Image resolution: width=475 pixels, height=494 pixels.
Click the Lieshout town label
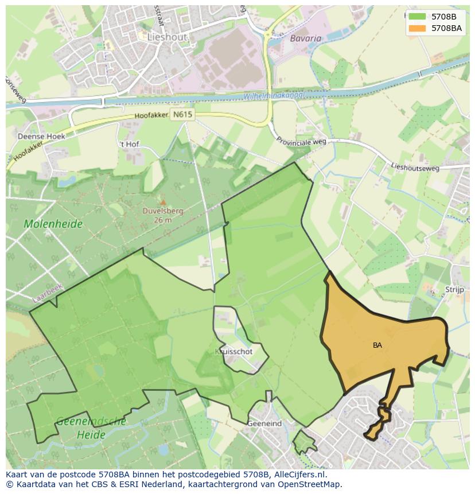pyautogui.click(x=167, y=37)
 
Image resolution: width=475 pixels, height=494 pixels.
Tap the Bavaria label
pyautogui.click(x=306, y=38)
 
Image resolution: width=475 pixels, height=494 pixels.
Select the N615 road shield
pyautogui.click(x=182, y=115)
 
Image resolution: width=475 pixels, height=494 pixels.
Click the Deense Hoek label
pyautogui.click(x=41, y=137)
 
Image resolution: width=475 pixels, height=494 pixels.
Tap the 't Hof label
pyautogui.click(x=129, y=144)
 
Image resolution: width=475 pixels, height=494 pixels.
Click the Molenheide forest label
pyautogui.click(x=53, y=224)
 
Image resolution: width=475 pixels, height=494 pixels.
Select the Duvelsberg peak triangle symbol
pyautogui.click(x=163, y=202)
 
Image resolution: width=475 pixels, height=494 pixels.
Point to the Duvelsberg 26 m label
pyautogui.click(x=163, y=215)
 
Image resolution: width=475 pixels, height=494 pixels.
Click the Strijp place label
pyautogui.click(x=454, y=290)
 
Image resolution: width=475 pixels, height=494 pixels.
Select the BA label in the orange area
pyautogui.click(x=377, y=345)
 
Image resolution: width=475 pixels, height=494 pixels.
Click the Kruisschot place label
pyautogui.click(x=234, y=352)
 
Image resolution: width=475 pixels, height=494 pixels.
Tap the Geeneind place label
pyautogui.click(x=264, y=423)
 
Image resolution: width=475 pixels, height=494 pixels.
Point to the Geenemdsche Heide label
pyautogui.click(x=91, y=428)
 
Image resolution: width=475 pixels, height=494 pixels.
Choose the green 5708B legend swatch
pyautogui.click(x=417, y=17)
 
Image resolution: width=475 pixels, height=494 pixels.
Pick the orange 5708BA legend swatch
pyautogui.click(x=417, y=28)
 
